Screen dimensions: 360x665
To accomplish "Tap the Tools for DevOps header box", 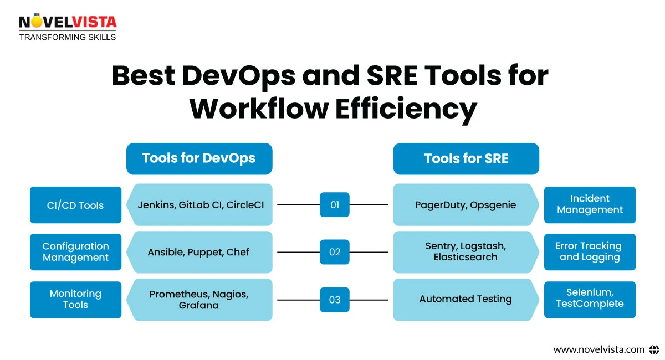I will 199,158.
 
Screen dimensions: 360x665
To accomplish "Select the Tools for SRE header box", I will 466,158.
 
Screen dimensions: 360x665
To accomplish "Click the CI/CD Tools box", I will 75,205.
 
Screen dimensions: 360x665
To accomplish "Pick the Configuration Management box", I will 75,252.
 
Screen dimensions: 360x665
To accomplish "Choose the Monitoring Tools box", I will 75,299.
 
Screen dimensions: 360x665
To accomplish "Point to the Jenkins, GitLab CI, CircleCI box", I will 201,205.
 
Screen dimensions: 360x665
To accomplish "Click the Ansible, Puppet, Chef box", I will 198,252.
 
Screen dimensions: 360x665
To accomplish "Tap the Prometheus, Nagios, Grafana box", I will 198,299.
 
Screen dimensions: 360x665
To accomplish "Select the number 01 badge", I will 335,205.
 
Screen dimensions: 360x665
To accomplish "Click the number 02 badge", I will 335,252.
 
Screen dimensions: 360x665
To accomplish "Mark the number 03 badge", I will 335,300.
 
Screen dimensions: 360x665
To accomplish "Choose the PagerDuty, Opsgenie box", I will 465,205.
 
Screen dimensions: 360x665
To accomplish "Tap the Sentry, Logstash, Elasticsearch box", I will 465,252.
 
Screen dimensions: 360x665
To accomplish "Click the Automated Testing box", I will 465,299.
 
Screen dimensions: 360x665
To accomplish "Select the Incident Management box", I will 590,205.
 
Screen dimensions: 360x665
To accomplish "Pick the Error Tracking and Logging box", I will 590,252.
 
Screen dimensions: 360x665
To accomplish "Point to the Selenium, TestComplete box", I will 590,299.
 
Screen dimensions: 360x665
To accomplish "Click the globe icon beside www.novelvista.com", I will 654,349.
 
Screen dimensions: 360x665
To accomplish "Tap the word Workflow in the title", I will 258,109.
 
